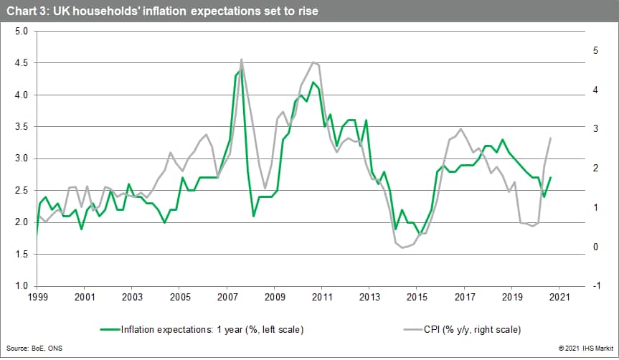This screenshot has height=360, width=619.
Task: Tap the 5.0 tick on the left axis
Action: pos(21,32)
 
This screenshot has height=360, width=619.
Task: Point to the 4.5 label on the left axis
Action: pos(21,63)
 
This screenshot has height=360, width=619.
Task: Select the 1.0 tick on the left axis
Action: pos(21,286)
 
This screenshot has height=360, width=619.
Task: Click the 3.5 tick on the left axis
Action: pos(21,127)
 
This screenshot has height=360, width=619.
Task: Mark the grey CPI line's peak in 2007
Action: pos(241,59)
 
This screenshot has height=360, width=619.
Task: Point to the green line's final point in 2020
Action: pos(551,177)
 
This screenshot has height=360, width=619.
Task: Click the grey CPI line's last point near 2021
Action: pos(551,138)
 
